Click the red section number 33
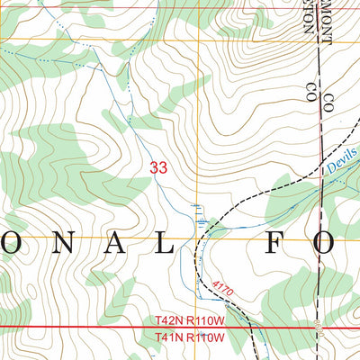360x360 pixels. (158, 167)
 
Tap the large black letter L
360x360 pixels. (163, 241)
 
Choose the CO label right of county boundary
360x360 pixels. (329, 103)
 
